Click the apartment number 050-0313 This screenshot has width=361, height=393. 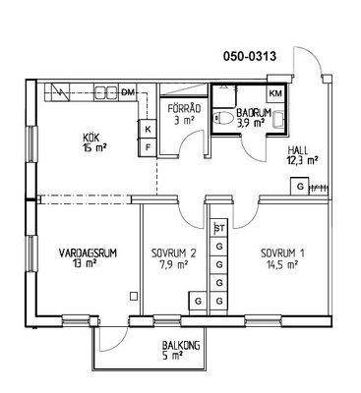point(250,57)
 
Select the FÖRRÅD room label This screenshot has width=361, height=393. point(184,108)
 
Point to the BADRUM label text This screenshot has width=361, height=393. point(254,113)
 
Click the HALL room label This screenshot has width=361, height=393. point(298,150)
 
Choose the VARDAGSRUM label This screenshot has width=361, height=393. point(88,253)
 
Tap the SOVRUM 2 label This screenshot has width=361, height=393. point(174,253)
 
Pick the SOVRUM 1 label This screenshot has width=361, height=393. point(282,253)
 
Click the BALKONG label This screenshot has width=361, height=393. point(181,345)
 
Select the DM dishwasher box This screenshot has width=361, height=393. point(128,92)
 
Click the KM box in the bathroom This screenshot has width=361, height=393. point(275,93)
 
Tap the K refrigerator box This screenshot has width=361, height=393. point(148,129)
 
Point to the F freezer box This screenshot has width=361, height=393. point(148,147)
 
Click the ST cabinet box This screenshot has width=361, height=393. point(219,228)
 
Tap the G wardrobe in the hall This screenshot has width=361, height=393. point(300,187)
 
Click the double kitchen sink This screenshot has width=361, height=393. point(105,92)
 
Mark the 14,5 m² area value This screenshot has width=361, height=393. point(282,264)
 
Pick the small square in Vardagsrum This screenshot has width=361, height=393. point(134,296)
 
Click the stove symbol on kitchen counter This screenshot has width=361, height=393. point(60,92)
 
